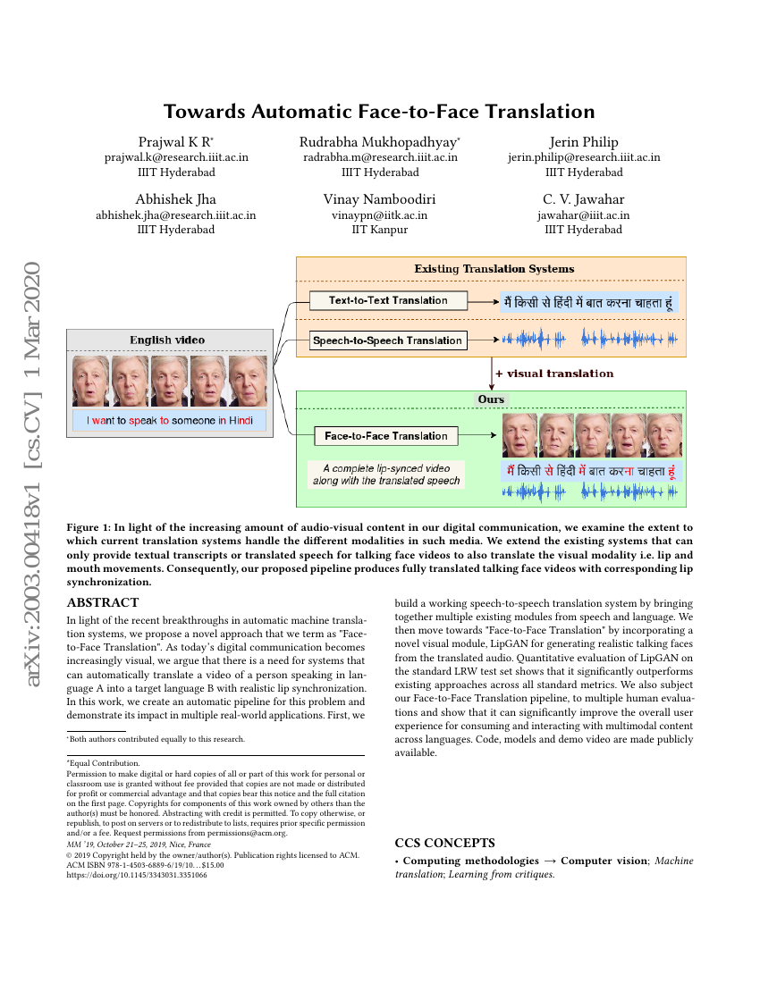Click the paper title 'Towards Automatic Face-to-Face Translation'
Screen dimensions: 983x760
379,112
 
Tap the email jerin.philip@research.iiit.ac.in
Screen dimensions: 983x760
584,157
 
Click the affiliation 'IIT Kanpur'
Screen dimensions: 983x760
380,230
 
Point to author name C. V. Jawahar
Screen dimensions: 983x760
584,199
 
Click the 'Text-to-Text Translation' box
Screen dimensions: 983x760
388,300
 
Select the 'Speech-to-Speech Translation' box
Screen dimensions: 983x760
388,340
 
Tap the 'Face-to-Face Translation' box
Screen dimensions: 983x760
385,436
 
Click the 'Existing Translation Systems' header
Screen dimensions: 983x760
494,269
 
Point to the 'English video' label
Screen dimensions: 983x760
167,340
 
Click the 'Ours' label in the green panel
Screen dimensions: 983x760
491,399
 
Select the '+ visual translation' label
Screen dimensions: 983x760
554,374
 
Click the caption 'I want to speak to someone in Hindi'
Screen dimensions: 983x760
169,421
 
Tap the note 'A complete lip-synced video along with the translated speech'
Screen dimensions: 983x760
385,475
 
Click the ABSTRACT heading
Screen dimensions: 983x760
103,603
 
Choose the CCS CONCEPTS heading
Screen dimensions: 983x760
444,843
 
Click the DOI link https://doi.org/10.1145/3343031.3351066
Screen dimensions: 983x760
137,876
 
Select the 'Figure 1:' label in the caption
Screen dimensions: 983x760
89,528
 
